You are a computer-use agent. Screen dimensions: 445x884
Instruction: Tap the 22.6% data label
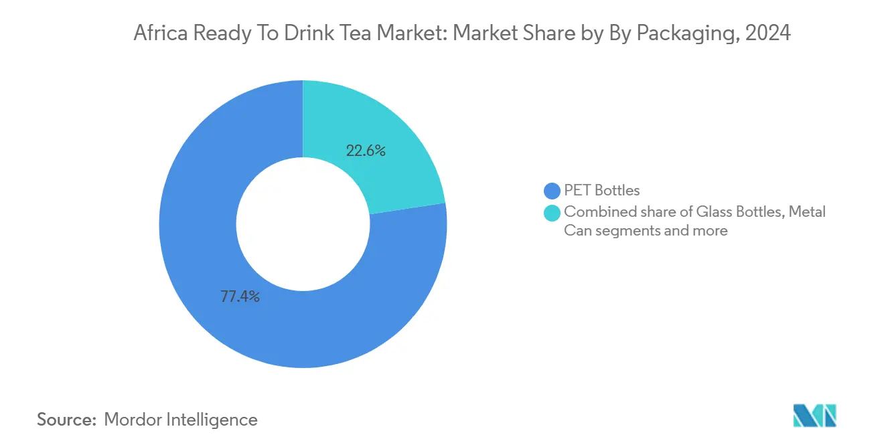tap(366, 151)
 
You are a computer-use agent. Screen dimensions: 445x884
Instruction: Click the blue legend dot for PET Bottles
tap(552, 191)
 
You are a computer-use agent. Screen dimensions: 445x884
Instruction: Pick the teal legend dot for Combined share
tap(552, 213)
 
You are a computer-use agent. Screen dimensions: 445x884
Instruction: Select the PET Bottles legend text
tap(602, 191)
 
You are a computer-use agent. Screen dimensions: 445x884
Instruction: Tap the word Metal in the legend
tap(808, 212)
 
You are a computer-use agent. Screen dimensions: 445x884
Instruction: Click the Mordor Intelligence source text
tap(181, 420)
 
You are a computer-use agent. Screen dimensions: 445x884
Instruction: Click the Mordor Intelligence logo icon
tap(814, 416)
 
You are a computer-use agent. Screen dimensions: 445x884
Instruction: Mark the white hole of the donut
tap(303, 224)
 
